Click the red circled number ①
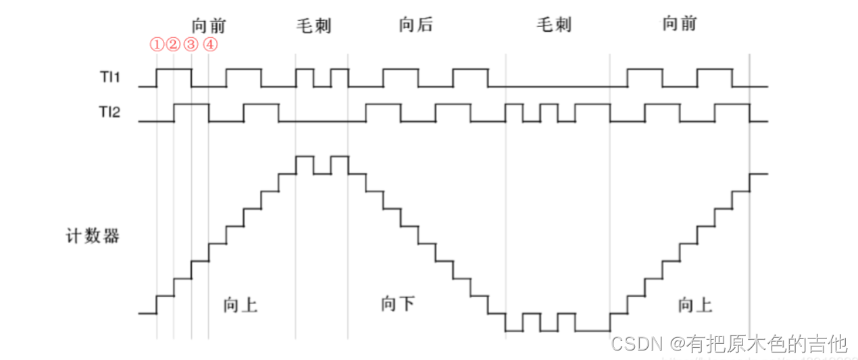coord(157,45)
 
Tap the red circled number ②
coord(174,45)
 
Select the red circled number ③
coord(191,45)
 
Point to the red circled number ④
coord(209,45)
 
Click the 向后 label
coord(415,26)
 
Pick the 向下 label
coord(397,305)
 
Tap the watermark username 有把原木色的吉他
coord(767,344)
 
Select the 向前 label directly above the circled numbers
coord(209,26)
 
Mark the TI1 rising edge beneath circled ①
coord(157,78)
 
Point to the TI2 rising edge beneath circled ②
coord(174,112)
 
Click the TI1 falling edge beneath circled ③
coord(192,78)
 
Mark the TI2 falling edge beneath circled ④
coord(209,112)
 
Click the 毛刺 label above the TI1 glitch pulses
coord(314,26)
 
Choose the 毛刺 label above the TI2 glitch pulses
coord(554,26)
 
